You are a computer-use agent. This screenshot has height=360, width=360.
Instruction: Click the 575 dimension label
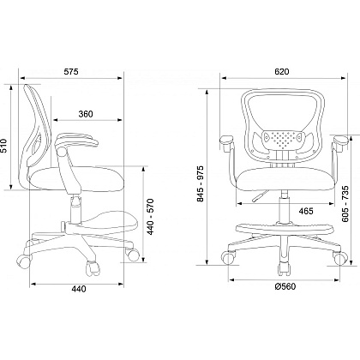coord(71,71)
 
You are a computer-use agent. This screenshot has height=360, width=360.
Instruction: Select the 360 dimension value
coord(86,114)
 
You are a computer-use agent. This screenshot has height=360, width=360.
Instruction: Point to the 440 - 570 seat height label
coord(150,217)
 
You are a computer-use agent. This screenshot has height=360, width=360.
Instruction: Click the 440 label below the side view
coord(79,289)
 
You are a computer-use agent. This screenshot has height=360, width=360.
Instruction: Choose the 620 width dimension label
coord(282,71)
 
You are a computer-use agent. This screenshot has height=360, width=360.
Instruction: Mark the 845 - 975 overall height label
coord(201,183)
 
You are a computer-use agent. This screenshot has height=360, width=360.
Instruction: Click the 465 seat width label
coord(306,211)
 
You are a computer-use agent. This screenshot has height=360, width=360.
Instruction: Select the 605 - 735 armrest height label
coord(345,204)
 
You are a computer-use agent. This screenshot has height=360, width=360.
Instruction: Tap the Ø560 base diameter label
coord(285,286)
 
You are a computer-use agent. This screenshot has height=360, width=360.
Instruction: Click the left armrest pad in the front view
coord(227,140)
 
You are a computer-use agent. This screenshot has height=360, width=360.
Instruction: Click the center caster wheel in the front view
coord(285,269)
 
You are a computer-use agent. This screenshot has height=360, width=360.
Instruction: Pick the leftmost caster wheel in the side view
coord(23,261)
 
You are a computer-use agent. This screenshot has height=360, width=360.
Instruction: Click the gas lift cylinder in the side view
coord(75,209)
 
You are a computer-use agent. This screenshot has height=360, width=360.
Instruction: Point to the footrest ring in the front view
coord(285,228)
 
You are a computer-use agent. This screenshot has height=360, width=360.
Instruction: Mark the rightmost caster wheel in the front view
coord(340,258)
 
